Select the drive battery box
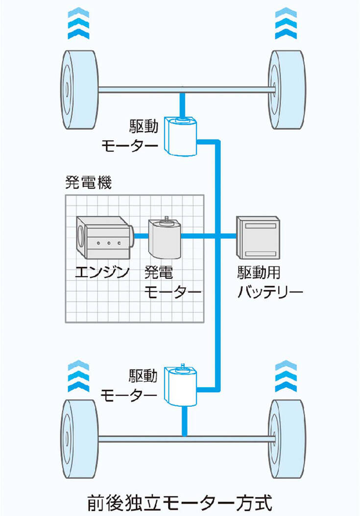pyautogui.click(x=258, y=237)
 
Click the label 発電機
pyautogui.click(x=88, y=184)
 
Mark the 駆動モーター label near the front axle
pyautogui.click(x=129, y=137)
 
